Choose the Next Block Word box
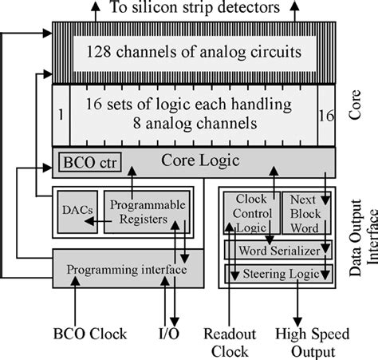305,212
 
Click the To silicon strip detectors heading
195,9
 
